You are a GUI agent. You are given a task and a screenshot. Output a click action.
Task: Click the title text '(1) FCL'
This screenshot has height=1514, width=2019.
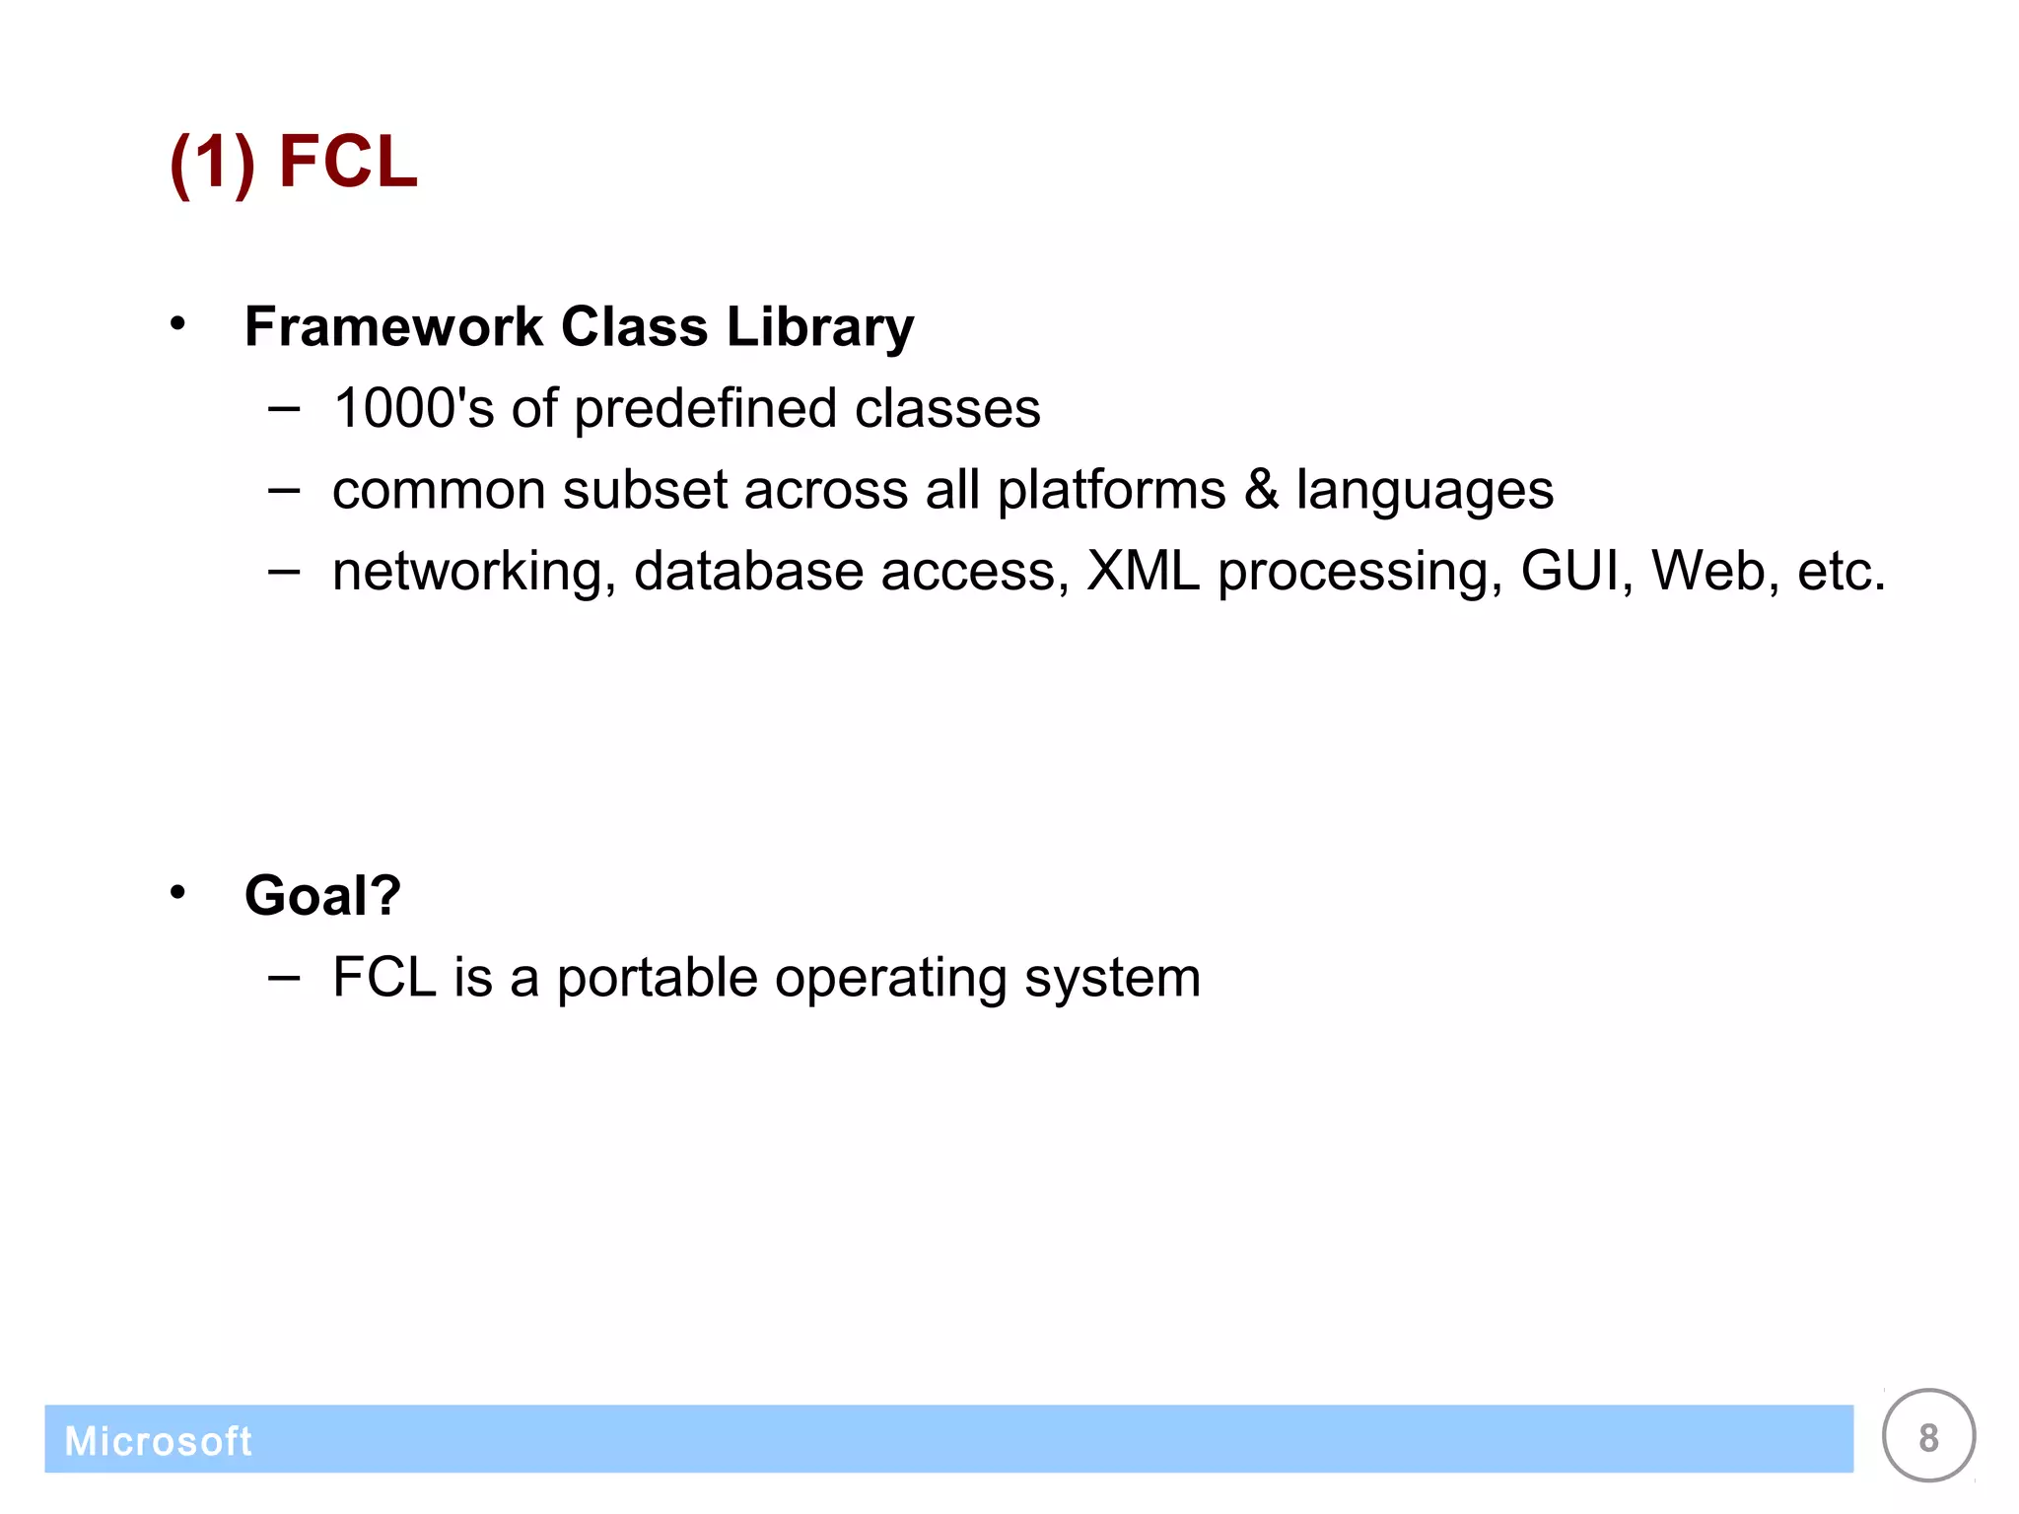click(294, 161)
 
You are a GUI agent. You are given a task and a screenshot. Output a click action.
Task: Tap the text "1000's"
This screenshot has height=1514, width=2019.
click(413, 408)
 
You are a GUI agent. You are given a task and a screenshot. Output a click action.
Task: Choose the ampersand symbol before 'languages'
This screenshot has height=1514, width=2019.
click(1261, 490)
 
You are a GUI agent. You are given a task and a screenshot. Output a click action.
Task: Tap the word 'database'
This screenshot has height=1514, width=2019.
click(748, 572)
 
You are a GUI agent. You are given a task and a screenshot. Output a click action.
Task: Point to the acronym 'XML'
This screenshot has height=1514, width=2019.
click(1143, 571)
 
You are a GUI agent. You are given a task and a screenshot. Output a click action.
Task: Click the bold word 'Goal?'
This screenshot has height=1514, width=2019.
click(322, 896)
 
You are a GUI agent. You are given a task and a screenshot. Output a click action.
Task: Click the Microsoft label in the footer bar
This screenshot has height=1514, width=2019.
click(158, 1441)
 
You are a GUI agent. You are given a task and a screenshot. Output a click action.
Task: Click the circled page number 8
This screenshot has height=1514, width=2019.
click(1928, 1437)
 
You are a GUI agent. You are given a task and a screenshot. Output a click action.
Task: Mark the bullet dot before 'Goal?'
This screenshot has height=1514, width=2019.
click(177, 893)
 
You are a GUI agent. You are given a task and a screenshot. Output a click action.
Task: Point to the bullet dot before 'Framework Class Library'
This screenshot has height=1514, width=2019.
click(177, 323)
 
